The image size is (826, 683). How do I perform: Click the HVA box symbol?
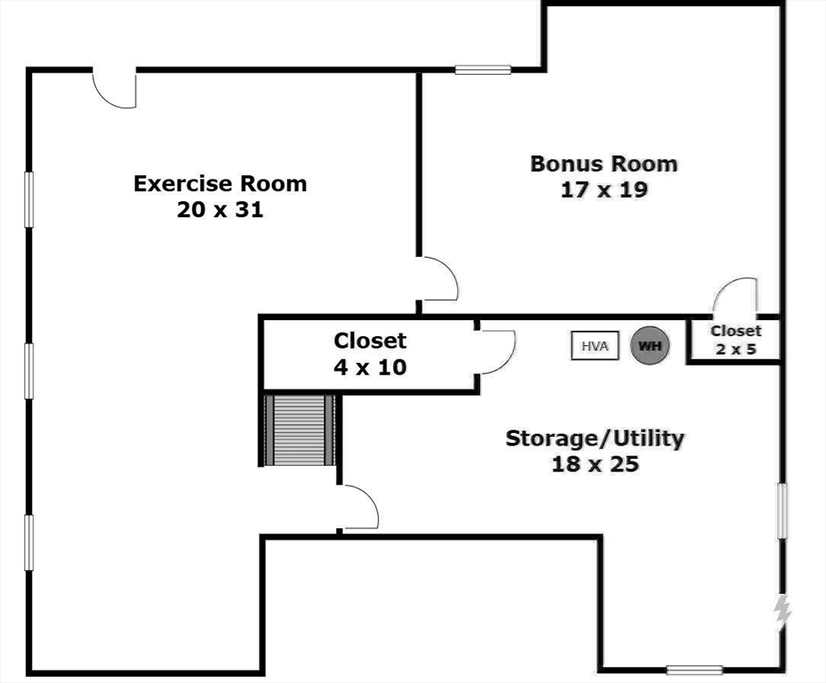click(x=594, y=345)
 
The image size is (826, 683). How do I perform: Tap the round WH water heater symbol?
click(x=650, y=345)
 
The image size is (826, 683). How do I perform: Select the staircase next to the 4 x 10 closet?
click(x=300, y=430)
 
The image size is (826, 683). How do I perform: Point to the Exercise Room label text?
click(x=220, y=184)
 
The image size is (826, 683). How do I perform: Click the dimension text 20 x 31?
click(x=220, y=211)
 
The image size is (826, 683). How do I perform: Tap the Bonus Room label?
click(x=604, y=164)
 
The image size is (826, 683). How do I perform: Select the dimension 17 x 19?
click(x=604, y=189)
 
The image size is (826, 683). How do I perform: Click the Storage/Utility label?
click(x=595, y=438)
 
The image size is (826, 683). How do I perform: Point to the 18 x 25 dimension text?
click(x=595, y=463)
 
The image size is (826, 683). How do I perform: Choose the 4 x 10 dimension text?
click(x=370, y=366)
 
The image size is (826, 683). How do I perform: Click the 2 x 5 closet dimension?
click(x=735, y=349)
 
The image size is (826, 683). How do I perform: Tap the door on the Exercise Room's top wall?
click(x=115, y=88)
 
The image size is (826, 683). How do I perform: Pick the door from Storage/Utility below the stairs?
click(x=360, y=510)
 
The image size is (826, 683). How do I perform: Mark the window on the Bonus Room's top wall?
click(x=483, y=69)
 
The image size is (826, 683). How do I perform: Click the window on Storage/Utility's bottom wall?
click(x=694, y=670)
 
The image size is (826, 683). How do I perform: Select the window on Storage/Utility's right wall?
click(x=782, y=510)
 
